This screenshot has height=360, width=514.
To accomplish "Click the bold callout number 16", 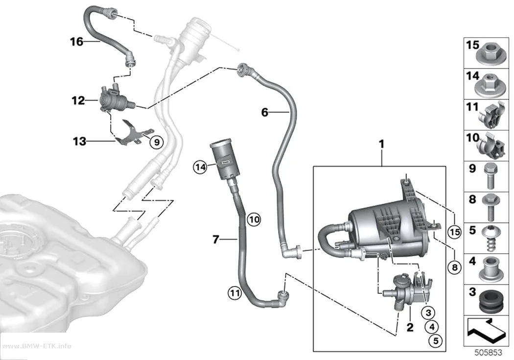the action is (x=77, y=42).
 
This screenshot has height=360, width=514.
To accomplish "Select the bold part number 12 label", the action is (x=78, y=100).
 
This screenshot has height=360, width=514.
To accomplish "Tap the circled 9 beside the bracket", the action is (x=157, y=143).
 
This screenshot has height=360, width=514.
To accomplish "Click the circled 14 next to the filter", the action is (x=200, y=167).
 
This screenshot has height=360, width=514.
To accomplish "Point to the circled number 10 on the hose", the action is (x=254, y=219).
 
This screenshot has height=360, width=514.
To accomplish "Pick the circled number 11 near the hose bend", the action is (x=234, y=292).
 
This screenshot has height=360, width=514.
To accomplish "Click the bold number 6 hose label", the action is (x=265, y=113).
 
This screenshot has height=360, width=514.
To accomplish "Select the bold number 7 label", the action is (x=215, y=240).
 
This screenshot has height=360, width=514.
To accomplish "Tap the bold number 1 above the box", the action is (x=381, y=144).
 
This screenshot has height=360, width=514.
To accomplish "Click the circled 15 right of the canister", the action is (x=454, y=232).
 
